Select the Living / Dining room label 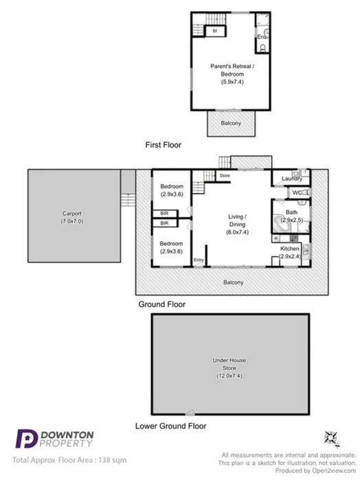coord(236,220)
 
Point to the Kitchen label coord(290,249)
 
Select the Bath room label coord(292,212)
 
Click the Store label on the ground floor coord(224,176)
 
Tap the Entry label coord(199,260)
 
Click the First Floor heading coord(162,145)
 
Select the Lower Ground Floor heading coord(170,426)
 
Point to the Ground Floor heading coord(162,304)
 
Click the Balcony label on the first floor coord(231,123)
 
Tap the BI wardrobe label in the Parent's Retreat coord(214,32)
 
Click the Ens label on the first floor coord(261,36)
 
